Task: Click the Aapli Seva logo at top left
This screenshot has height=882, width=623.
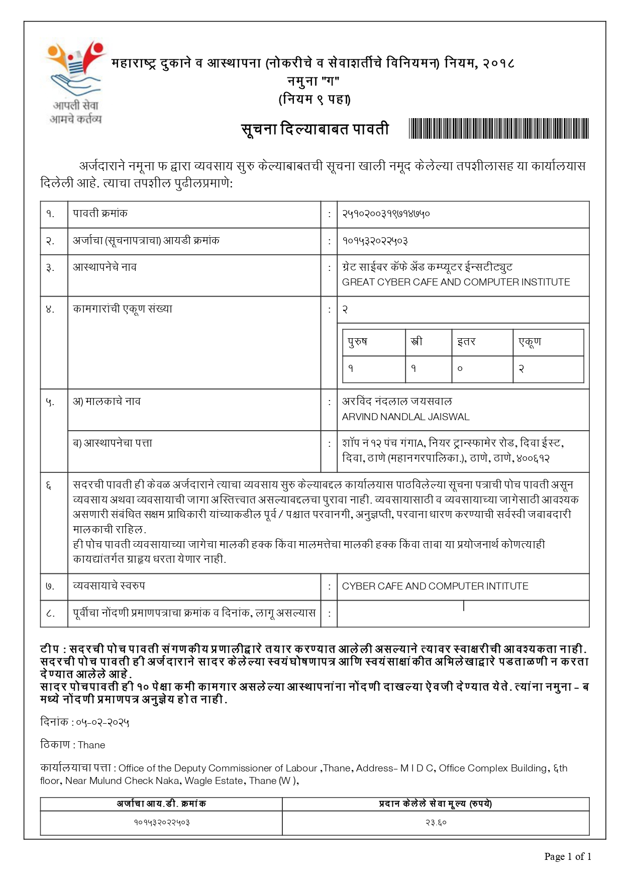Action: (75, 80)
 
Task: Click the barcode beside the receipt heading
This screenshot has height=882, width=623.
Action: (498, 129)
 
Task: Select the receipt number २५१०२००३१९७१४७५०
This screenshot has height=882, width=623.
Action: (386, 214)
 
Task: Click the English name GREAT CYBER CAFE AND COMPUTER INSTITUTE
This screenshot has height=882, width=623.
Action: (456, 282)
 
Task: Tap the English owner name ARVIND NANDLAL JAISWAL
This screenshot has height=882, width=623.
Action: (405, 417)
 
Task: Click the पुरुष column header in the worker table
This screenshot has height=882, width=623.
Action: (358, 342)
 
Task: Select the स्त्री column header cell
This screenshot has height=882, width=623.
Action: (417, 342)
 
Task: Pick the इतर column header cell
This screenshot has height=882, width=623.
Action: (466, 342)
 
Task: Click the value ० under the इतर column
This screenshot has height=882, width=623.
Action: (459, 369)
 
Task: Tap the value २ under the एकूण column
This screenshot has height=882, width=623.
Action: (521, 369)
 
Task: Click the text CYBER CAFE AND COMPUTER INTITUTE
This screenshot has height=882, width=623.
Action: (435, 586)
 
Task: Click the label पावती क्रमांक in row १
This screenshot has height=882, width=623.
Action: (100, 214)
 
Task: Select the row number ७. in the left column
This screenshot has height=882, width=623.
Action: (50, 586)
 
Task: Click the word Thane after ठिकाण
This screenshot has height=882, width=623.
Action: (91, 745)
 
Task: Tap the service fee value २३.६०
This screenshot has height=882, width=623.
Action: (436, 823)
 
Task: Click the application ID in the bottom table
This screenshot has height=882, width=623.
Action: (161, 823)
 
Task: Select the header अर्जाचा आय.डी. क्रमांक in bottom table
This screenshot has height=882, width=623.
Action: (161, 804)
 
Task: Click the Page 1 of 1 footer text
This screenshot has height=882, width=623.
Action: (567, 856)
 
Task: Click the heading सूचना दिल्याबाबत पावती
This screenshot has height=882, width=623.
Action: (315, 129)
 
